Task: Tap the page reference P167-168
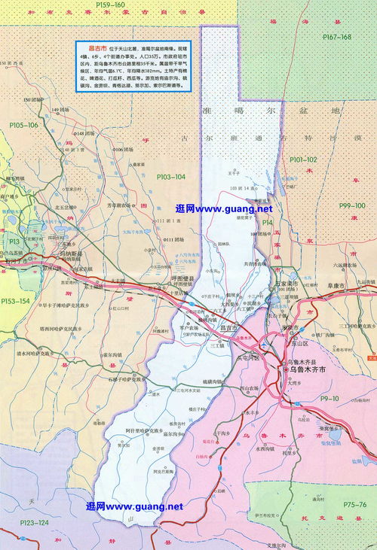click(336, 37)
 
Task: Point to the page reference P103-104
click(170, 175)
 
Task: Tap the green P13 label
click(14, 240)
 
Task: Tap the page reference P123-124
click(32, 522)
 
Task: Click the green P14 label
click(266, 223)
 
